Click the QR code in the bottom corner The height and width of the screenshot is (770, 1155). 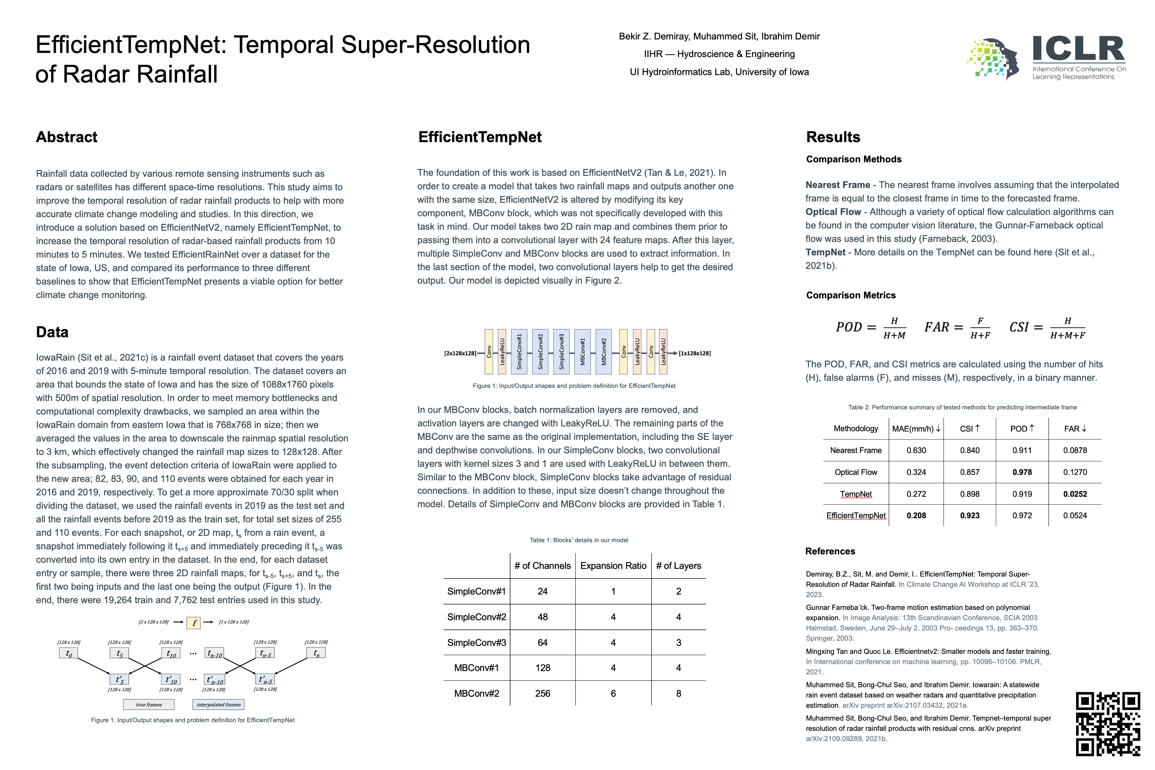(x=1108, y=723)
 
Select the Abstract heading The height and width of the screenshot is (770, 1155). (x=67, y=137)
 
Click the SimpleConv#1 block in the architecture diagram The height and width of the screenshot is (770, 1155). (x=519, y=352)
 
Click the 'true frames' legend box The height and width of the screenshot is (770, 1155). (x=149, y=705)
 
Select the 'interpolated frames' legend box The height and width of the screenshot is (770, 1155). (x=218, y=705)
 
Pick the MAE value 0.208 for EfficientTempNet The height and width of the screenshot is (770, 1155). (x=916, y=516)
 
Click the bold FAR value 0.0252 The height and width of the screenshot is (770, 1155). (x=1075, y=494)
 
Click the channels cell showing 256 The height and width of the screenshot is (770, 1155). (x=543, y=693)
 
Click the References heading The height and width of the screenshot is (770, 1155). (x=830, y=552)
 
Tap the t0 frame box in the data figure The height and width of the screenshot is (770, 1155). (x=69, y=654)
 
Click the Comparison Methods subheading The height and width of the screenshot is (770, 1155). (x=853, y=159)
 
